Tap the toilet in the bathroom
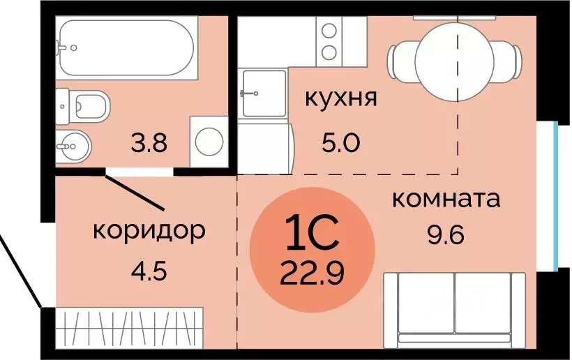(87, 106)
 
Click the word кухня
(341, 98)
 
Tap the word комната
(446, 199)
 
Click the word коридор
(149, 230)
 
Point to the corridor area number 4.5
(149, 269)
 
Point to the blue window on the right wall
(556, 195)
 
